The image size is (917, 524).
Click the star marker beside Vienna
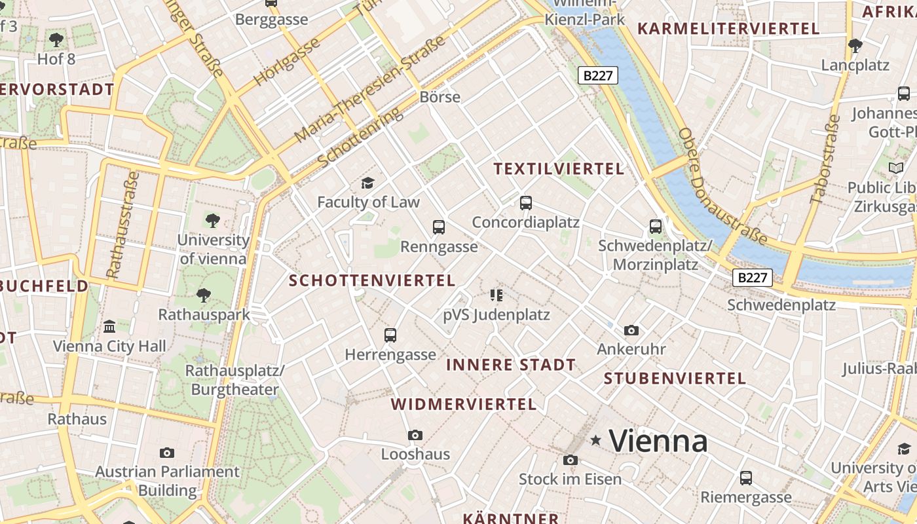(595, 441)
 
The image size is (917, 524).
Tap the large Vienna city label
(658, 441)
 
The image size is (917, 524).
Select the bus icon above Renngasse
(439, 227)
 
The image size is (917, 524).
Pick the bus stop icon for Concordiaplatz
(526, 202)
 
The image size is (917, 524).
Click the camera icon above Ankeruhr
(631, 330)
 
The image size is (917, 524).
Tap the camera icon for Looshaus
(415, 435)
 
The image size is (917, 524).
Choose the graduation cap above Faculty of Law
(367, 183)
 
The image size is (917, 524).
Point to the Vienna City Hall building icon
(109, 326)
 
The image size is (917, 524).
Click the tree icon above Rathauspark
(204, 295)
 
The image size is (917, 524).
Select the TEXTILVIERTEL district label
(559, 169)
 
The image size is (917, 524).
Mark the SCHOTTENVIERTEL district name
(372, 281)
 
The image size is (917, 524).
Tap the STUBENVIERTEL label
(675, 379)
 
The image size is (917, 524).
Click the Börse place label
(440, 97)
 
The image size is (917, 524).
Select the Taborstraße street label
(824, 159)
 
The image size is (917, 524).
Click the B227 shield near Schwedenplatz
(752, 278)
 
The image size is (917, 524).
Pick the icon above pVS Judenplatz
(496, 295)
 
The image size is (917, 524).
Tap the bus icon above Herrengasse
(390, 335)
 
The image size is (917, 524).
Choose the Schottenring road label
(360, 137)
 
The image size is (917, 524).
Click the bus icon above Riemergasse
(745, 477)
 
